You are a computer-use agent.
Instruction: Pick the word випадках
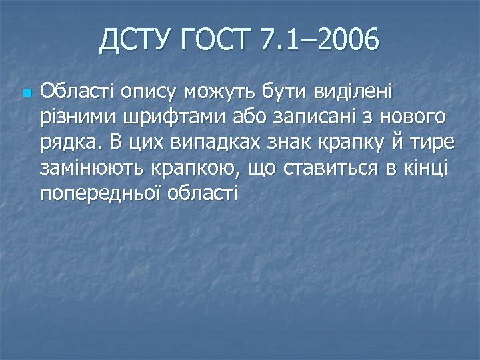(213, 143)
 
